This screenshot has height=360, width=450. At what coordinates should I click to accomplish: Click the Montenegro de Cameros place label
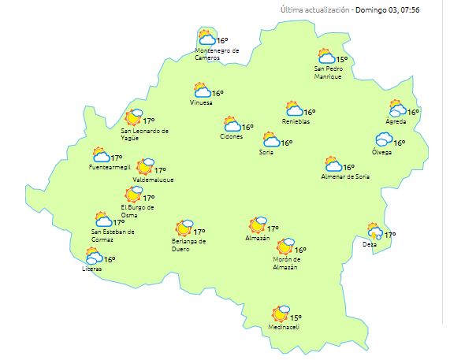tap(217, 54)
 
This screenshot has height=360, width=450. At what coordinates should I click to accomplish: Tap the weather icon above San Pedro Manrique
tap(325, 57)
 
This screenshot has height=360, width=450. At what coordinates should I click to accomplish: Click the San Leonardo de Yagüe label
tap(146, 134)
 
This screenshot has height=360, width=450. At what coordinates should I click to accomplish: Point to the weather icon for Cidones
tap(232, 124)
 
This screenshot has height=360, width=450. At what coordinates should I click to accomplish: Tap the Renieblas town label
tap(296, 121)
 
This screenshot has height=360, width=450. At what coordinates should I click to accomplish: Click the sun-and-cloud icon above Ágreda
tap(396, 109)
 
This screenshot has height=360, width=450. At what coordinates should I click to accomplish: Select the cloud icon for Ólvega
tap(383, 140)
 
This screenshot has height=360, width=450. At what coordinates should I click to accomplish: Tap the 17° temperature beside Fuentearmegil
tap(117, 158)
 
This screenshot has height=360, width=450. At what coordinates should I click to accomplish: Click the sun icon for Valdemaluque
tap(145, 167)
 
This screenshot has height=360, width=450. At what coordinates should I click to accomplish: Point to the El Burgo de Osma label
tap(136, 210)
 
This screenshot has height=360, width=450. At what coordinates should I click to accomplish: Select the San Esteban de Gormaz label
tap(113, 235)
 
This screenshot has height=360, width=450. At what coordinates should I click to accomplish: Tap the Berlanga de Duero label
tap(188, 244)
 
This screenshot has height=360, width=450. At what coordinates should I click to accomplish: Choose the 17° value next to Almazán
tap(273, 229)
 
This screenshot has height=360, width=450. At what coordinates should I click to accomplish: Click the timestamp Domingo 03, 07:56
tap(398, 9)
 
